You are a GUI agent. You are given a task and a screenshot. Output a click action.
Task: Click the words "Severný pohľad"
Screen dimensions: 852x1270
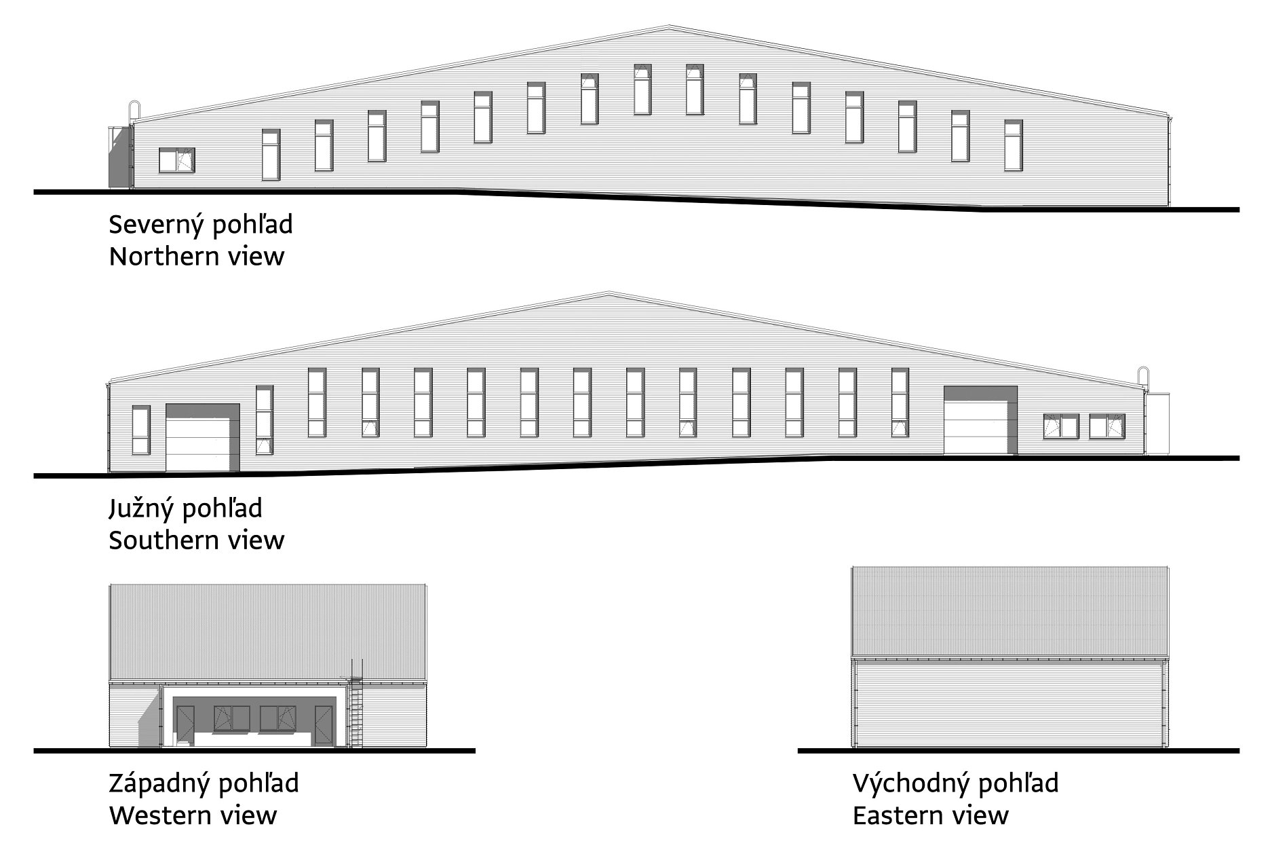tap(201, 225)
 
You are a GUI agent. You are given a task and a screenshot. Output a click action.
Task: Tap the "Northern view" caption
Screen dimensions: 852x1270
tap(196, 257)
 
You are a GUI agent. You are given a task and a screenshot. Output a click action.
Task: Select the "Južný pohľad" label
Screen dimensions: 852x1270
tap(185, 508)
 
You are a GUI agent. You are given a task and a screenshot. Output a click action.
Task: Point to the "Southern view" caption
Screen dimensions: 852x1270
tap(196, 540)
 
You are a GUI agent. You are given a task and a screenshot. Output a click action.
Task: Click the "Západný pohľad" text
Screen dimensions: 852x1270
tap(204, 783)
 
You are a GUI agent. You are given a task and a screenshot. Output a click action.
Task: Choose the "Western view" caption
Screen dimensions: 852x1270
tap(193, 815)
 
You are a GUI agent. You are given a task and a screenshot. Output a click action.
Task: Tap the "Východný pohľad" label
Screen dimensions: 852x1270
tap(955, 783)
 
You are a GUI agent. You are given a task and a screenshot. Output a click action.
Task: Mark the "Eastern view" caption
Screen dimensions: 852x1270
tap(930, 815)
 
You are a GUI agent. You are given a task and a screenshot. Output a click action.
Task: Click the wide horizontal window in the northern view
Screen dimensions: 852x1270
tap(176, 160)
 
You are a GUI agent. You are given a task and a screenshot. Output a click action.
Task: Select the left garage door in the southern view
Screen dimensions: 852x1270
tap(201, 445)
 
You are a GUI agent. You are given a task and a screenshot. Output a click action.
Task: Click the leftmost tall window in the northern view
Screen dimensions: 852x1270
tap(271, 155)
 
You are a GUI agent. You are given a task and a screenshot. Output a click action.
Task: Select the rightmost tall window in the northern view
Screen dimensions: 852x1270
tap(1013, 145)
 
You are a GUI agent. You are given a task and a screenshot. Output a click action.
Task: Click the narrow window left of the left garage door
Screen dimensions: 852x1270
tap(141, 430)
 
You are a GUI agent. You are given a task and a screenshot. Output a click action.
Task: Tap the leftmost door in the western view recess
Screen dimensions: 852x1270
tap(185, 726)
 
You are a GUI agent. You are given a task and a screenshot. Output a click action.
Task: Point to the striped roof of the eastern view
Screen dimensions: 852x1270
tap(1010, 611)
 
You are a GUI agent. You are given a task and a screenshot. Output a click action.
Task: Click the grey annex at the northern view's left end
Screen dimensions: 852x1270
tap(119, 158)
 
